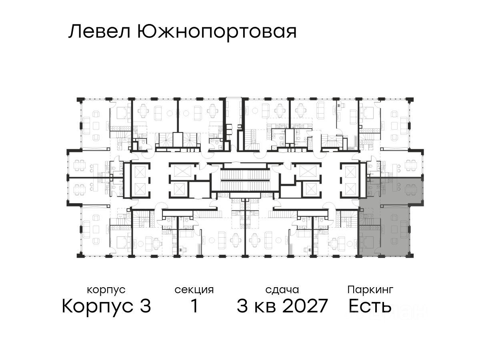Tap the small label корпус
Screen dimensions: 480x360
tap(106, 290)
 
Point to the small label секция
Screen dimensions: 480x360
tap(194, 290)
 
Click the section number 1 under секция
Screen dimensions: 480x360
tap(194, 307)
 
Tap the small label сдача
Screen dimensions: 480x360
tap(282, 290)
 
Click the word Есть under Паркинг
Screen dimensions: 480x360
tap(370, 307)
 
